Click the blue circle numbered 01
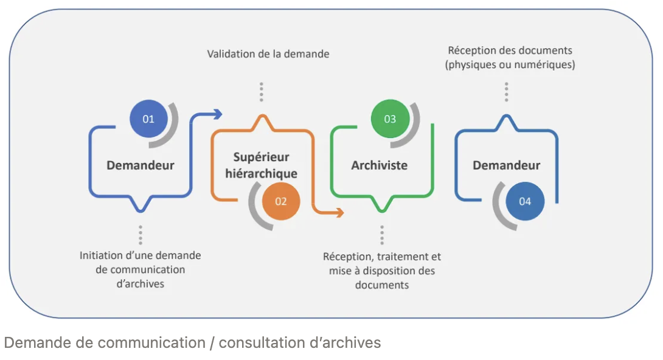click(x=148, y=119)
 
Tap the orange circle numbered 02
click(x=280, y=201)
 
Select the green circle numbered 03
click(x=390, y=119)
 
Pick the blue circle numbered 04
click(x=524, y=201)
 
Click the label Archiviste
click(x=379, y=165)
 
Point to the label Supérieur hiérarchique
click(x=262, y=165)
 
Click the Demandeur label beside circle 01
click(x=141, y=165)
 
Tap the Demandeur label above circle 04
click(x=506, y=165)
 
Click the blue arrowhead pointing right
click(x=217, y=114)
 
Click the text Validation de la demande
click(x=268, y=54)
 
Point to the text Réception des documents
click(x=510, y=50)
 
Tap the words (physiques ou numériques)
click(x=510, y=64)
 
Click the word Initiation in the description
click(x=100, y=255)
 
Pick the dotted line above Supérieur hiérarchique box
click(x=262, y=92)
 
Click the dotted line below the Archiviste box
click(x=382, y=235)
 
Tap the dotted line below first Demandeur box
click(x=141, y=235)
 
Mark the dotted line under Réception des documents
click(x=506, y=92)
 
